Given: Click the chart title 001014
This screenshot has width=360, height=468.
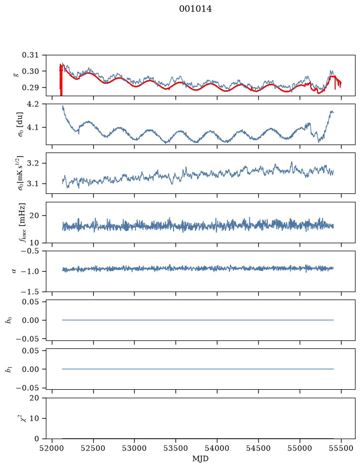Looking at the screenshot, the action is (x=195, y=9).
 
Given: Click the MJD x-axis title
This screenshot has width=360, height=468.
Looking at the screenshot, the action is (x=200, y=459).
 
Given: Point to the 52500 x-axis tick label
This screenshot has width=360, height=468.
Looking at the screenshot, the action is (x=93, y=448).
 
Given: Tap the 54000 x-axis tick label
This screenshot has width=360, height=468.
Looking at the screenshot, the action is (x=217, y=448).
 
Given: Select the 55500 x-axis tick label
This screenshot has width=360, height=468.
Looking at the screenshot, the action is (x=341, y=448).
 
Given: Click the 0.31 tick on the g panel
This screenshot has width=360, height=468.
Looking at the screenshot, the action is (x=30, y=55).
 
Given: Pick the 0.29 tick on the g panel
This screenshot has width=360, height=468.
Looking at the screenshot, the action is (x=30, y=87).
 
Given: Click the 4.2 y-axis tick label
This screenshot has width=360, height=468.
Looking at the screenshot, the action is (x=33, y=104).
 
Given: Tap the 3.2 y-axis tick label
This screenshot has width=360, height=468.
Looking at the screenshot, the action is (x=33, y=163).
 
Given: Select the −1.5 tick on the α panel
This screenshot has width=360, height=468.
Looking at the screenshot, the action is (x=29, y=292).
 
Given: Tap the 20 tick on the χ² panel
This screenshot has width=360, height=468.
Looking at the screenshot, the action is (x=34, y=398).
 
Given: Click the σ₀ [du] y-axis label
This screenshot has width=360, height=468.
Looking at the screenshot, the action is (x=20, y=125).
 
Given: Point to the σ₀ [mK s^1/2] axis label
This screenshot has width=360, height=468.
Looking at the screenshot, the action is (x=20, y=173).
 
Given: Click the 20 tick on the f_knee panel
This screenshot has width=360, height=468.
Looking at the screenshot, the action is (x=34, y=215).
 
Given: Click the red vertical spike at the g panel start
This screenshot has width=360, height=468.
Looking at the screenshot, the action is (x=61, y=80).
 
